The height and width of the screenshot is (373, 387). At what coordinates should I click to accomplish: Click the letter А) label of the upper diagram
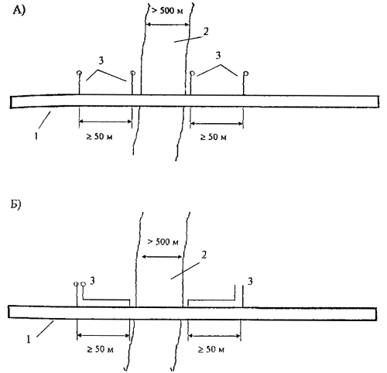point(19,11)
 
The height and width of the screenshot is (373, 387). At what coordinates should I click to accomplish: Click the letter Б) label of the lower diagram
point(16,205)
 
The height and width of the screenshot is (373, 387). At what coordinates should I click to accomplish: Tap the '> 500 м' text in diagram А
point(167,11)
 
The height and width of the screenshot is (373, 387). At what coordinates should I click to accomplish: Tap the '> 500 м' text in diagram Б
point(163,241)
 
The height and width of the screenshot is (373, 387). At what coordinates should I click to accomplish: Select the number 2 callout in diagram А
point(206,32)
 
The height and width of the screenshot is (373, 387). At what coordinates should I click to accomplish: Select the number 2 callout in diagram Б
point(204,255)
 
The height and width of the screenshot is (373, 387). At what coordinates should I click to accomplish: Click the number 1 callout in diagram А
point(36,135)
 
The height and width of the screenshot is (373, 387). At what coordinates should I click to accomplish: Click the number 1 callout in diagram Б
point(29,339)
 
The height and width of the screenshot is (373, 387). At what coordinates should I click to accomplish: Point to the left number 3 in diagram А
point(101,60)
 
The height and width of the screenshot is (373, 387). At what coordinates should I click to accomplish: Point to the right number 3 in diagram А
point(218,55)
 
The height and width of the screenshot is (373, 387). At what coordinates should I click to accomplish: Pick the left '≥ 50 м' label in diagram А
point(99,136)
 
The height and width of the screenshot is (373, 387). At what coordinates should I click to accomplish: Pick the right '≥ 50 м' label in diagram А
point(214,137)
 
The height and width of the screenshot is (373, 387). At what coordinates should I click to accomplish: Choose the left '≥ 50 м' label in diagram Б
point(100,349)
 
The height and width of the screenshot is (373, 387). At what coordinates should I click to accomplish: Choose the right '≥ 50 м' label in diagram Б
point(211,349)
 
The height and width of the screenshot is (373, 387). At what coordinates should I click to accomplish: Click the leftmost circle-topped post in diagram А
point(79,83)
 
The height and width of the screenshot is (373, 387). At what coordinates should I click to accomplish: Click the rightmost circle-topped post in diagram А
point(245,83)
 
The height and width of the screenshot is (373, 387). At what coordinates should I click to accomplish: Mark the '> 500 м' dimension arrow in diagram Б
point(163,257)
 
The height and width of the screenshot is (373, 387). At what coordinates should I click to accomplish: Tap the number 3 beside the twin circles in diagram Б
point(92,280)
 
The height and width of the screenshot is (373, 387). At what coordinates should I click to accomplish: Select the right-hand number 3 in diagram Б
point(250,281)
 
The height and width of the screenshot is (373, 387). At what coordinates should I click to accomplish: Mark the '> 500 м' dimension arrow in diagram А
point(167,25)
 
